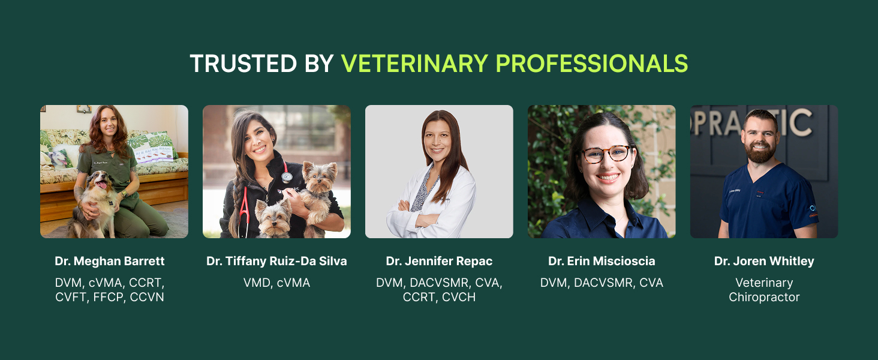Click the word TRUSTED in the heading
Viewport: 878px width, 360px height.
pyautogui.click(x=243, y=64)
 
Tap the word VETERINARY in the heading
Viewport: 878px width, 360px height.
pyautogui.click(x=414, y=64)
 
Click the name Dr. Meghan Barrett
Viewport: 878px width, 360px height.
pyautogui.click(x=110, y=261)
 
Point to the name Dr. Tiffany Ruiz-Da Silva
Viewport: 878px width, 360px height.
pyautogui.click(x=276, y=261)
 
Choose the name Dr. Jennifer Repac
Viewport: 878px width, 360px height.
pyautogui.click(x=439, y=261)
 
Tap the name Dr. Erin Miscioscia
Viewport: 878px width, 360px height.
pyautogui.click(x=602, y=261)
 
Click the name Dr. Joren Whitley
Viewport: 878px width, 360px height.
pyautogui.click(x=764, y=261)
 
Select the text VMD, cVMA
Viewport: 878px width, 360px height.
pyautogui.click(x=276, y=283)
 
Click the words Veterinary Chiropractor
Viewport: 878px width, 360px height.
pyautogui.click(x=764, y=290)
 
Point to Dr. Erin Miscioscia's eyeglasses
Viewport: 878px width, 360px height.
pyautogui.click(x=606, y=154)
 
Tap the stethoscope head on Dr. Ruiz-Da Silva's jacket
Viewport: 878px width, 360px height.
pyautogui.click(x=287, y=177)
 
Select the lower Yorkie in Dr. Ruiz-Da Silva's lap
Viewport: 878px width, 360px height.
pyautogui.click(x=273, y=219)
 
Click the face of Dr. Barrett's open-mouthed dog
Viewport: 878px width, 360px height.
pyautogui.click(x=100, y=182)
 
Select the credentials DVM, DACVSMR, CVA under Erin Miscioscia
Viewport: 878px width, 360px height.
pyautogui.click(x=602, y=283)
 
